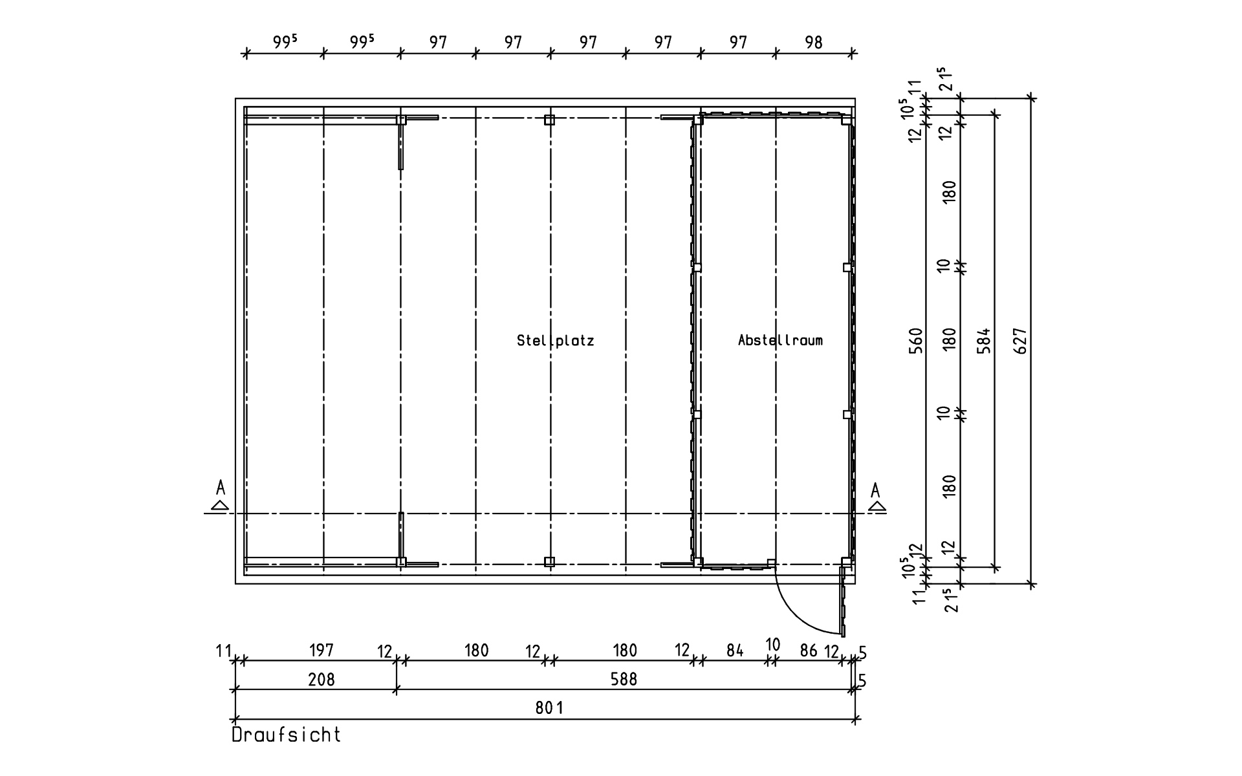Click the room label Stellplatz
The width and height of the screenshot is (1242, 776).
pyautogui.click(x=555, y=340)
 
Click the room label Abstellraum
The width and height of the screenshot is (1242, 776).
pyautogui.click(x=780, y=340)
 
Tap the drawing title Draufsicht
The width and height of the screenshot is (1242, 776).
pyautogui.click(x=286, y=735)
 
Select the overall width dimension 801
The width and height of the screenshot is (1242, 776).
pyautogui.click(x=549, y=707)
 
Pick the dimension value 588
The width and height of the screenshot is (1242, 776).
pyautogui.click(x=624, y=679)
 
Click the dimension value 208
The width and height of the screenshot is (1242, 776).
pyautogui.click(x=321, y=679)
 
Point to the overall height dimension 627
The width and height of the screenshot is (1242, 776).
pyautogui.click(x=1021, y=341)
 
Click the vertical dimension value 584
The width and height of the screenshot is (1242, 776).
pyautogui.click(x=984, y=341)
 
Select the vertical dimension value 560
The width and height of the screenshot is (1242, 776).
pyautogui.click(x=916, y=341)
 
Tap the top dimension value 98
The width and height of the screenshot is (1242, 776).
pyautogui.click(x=814, y=43)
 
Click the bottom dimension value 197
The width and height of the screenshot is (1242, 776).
pyautogui.click(x=321, y=650)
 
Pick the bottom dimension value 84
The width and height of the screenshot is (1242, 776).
pyautogui.click(x=735, y=651)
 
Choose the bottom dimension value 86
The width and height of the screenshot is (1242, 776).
pyautogui.click(x=809, y=651)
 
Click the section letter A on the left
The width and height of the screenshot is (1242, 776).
pyautogui.click(x=221, y=487)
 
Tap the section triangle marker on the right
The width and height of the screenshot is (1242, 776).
pyautogui.click(x=877, y=506)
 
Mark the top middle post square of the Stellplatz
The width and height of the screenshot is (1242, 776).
pyautogui.click(x=549, y=120)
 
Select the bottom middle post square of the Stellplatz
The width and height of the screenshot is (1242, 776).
pyautogui.click(x=549, y=561)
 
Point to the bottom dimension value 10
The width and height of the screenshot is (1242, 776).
pyautogui.click(x=773, y=645)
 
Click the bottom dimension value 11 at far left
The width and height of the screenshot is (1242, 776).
pyautogui.click(x=223, y=651)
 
